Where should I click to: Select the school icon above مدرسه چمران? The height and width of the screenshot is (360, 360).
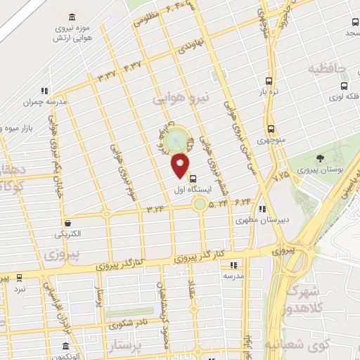point(44,91)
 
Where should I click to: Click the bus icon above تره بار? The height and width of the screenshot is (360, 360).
point(268,81)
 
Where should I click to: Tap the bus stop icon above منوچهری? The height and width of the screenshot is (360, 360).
point(271,129)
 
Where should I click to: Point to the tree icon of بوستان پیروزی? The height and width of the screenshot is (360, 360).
point(321,158)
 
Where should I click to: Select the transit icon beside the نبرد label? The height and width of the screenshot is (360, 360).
point(19,278)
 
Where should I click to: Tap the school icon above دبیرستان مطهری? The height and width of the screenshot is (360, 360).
point(263,209)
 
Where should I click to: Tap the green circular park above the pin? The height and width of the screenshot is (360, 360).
point(179,138)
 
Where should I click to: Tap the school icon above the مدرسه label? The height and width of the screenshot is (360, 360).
point(234,265)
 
